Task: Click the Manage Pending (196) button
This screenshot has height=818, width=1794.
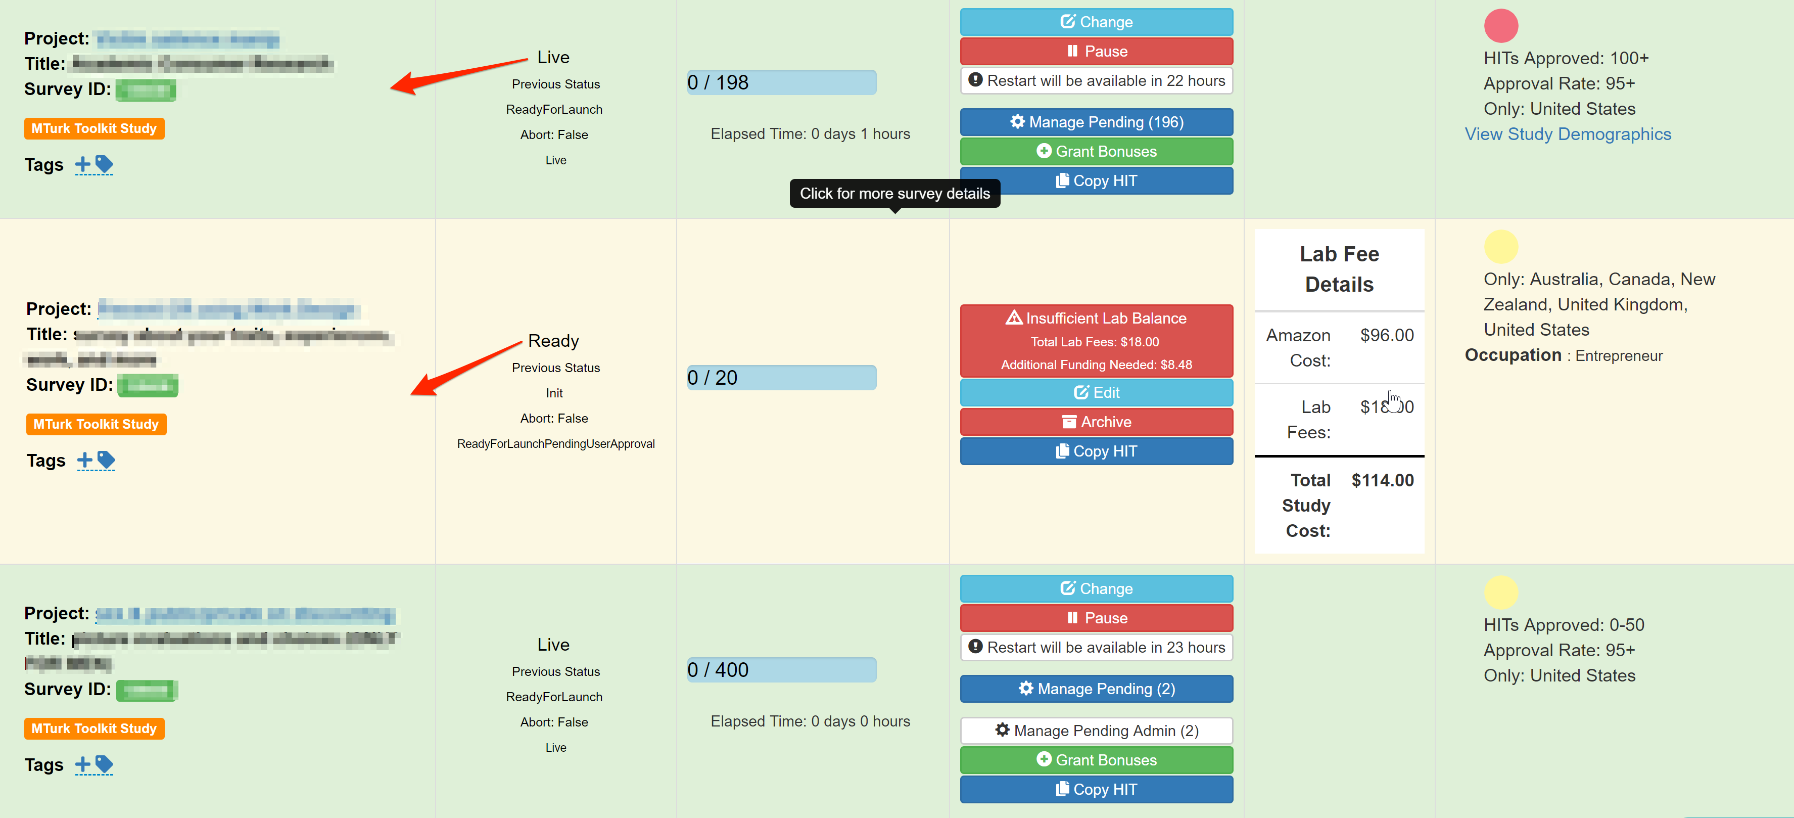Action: click(x=1096, y=122)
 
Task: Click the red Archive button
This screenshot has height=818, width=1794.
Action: click(x=1096, y=422)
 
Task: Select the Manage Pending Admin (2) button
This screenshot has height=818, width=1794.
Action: click(x=1096, y=730)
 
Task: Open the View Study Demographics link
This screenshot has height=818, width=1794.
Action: click(x=1568, y=134)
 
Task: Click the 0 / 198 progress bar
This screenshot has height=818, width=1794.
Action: click(x=781, y=82)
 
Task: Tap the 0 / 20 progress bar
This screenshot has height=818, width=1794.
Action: click(x=781, y=378)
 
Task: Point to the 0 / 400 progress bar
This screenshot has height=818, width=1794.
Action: click(x=781, y=669)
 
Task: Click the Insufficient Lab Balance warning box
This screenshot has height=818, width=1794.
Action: click(x=1096, y=341)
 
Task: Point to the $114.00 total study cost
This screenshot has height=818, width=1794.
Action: click(x=1383, y=480)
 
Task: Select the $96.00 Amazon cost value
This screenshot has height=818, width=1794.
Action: click(x=1387, y=335)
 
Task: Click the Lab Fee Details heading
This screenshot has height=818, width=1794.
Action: click(x=1339, y=269)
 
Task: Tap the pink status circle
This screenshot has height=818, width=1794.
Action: click(x=1501, y=26)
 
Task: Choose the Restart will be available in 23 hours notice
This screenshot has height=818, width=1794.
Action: click(x=1096, y=647)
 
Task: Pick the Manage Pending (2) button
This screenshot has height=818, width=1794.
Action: click(x=1096, y=689)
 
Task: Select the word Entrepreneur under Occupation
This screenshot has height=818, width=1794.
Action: click(x=1619, y=356)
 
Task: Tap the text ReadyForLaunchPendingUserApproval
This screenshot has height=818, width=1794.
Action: click(x=556, y=444)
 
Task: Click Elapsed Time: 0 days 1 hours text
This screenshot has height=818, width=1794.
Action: click(x=810, y=134)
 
